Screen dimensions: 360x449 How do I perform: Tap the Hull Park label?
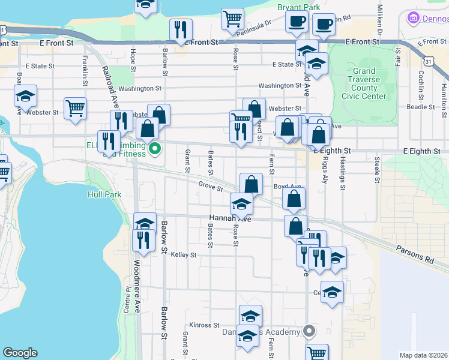point(104,194)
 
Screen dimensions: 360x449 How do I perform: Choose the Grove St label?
point(211,186)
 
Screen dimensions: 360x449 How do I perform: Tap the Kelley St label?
point(184,255)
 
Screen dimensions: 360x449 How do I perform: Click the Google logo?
point(20,353)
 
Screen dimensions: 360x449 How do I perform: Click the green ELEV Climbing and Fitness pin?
point(155,148)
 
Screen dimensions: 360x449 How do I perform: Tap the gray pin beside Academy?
point(309,331)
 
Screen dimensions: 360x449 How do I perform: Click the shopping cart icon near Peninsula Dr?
point(232,18)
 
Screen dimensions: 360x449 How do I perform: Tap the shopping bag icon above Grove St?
point(252,182)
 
